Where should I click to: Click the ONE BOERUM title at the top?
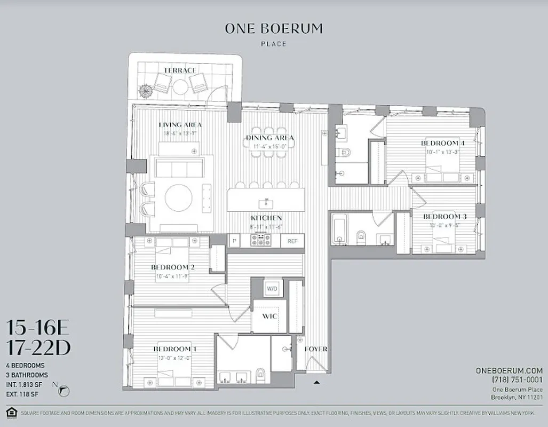[274, 29]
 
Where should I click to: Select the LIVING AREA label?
[180, 124]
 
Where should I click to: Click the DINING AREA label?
[270, 138]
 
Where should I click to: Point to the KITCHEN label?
[266, 218]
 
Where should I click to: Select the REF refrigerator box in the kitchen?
[292, 241]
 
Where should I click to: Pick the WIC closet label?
[268, 316]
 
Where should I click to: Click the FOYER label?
[316, 349]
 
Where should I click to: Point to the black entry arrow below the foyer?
[317, 382]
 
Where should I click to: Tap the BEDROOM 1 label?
[175, 349]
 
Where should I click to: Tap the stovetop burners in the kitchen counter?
[260, 241]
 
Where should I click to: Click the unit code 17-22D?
[38, 348]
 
